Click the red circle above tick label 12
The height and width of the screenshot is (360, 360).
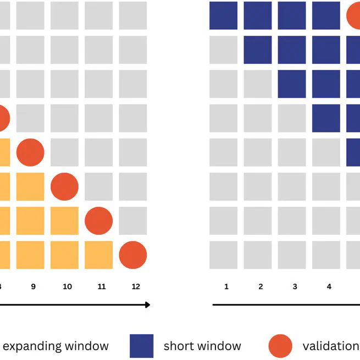(133, 255)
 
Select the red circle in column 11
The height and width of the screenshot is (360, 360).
(99, 221)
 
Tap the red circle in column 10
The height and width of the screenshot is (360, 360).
(64, 186)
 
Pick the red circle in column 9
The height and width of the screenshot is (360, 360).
(30, 152)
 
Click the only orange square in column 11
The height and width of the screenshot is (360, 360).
(99, 255)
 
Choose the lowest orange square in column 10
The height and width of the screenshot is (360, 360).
(64, 255)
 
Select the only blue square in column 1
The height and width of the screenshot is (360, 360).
(224, 15)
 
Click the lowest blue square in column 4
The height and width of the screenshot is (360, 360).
(326, 118)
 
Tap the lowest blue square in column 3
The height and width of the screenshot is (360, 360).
(292, 84)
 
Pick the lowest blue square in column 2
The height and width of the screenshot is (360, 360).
(258, 49)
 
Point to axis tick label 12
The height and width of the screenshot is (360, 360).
(136, 286)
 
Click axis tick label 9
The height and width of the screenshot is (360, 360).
(33, 286)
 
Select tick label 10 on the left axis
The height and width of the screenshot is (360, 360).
(67, 286)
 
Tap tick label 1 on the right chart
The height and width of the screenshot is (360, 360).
(226, 286)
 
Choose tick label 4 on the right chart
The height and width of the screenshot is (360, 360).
(329, 286)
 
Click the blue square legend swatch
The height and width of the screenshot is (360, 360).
(141, 346)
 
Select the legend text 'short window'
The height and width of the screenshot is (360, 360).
(202, 346)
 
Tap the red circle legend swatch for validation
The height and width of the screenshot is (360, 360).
(280, 346)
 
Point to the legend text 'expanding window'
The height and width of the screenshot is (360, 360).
(56, 346)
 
